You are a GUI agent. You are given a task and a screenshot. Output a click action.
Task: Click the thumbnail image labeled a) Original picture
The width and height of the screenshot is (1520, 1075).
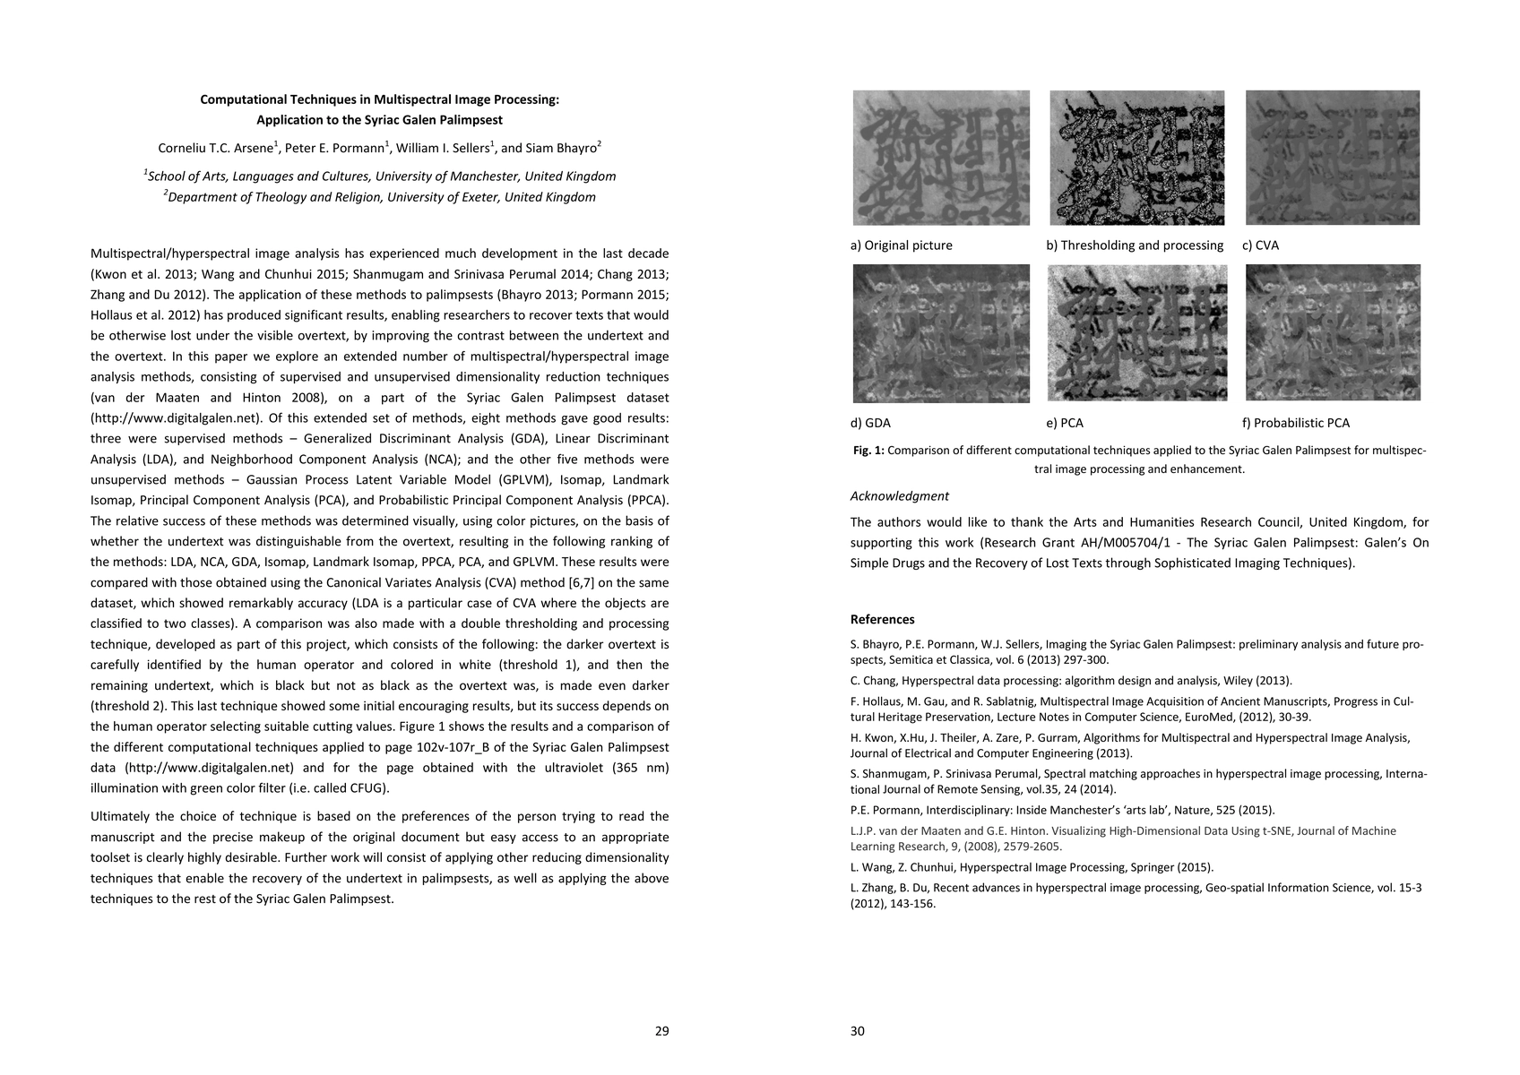(941, 158)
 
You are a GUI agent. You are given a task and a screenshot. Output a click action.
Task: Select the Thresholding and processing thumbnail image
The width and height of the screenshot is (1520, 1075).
(1136, 158)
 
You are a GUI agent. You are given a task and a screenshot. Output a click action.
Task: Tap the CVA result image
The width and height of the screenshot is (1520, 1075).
(1333, 158)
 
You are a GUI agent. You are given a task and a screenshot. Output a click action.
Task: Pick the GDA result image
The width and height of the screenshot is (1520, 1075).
(941, 333)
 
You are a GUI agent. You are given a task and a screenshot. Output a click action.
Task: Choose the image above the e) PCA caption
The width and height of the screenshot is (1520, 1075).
(1136, 333)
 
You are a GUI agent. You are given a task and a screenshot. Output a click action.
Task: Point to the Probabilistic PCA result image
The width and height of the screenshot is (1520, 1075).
(1333, 333)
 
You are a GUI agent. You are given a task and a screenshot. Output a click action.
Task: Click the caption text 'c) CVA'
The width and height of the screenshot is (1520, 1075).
(1260, 245)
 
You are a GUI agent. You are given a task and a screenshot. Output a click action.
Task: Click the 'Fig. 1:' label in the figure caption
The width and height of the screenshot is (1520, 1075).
(868, 451)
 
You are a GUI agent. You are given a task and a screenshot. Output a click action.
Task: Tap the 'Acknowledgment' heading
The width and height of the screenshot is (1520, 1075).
(899, 496)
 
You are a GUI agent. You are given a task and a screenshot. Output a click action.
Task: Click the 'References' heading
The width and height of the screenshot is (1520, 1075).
(882, 619)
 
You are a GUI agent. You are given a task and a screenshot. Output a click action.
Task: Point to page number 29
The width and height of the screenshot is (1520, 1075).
(661, 1031)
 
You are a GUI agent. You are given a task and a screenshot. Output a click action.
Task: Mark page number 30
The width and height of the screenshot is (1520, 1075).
(858, 1031)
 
